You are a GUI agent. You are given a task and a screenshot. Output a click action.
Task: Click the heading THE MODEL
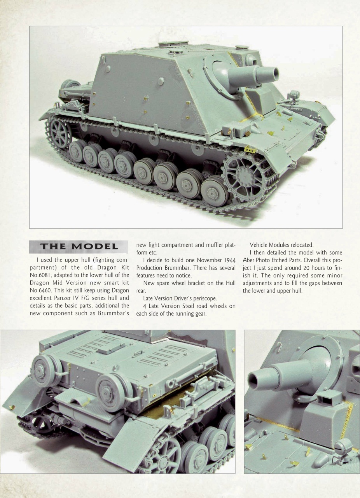[x=79, y=247]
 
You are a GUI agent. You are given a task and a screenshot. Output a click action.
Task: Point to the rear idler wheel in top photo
[x=59, y=133]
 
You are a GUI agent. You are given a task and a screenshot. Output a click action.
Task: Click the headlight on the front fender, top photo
[x=294, y=95]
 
